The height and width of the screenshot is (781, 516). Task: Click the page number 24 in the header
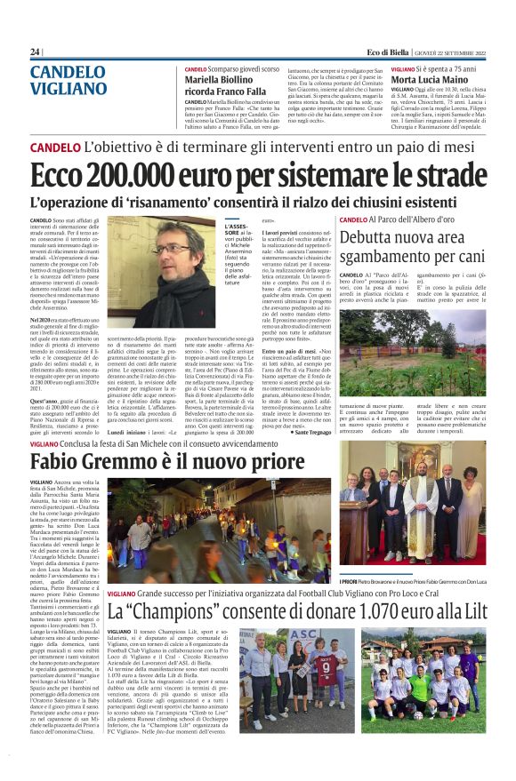(x=35, y=52)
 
